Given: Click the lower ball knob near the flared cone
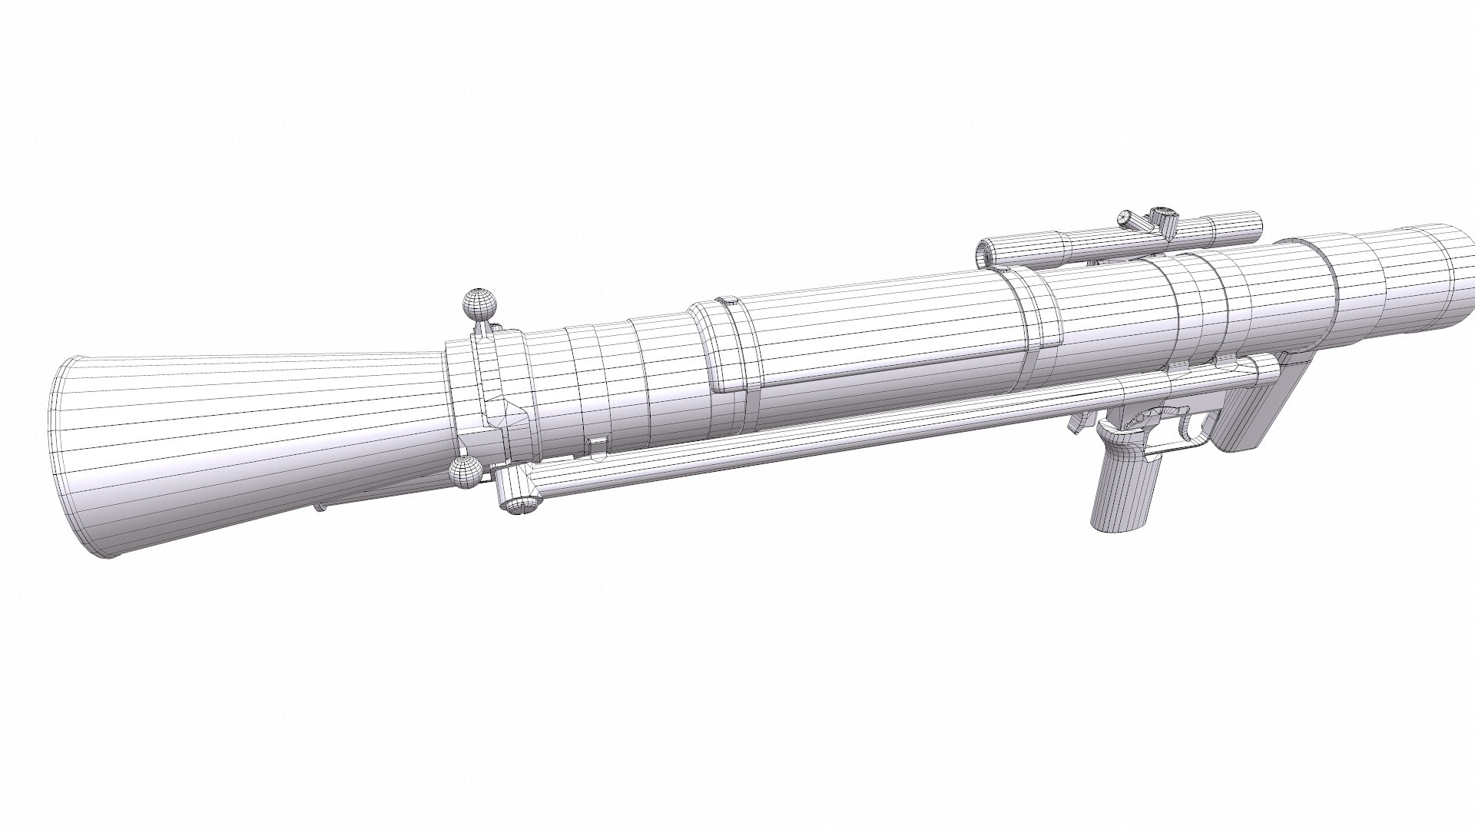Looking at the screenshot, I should pos(464,470).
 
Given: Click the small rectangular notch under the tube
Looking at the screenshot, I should pos(595,445).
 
